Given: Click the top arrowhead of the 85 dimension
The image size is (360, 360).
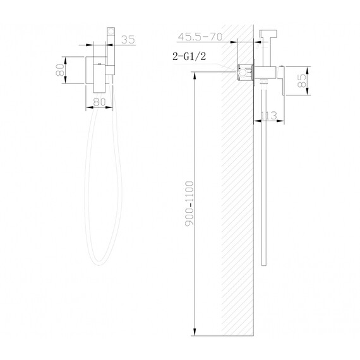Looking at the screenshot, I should click(x=306, y=67).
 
